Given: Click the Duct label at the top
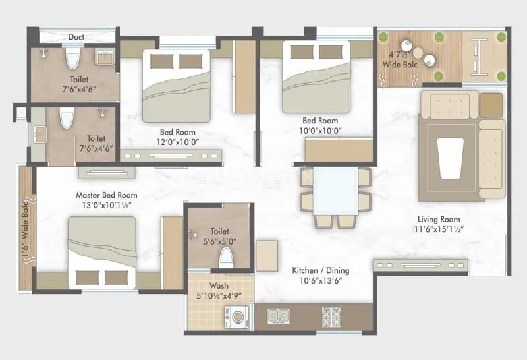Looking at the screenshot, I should [76, 37].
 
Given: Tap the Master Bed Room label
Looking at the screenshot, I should [107, 195].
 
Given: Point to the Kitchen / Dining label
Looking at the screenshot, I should [321, 270].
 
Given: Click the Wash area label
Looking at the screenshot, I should [219, 286].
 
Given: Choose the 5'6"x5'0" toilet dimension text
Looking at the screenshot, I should [219, 241].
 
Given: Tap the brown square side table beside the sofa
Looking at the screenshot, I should [491, 104].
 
